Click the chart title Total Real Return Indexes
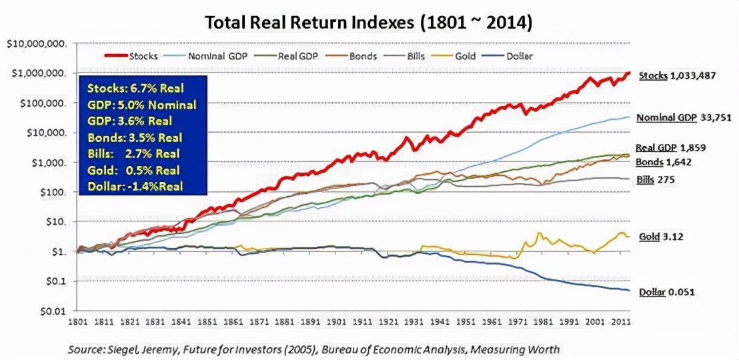coord(368,22)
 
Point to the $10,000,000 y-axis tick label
coord(37,44)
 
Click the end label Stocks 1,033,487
coord(678,76)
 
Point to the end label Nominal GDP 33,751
coord(684,118)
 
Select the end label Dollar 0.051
coord(668,293)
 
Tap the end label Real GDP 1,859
coord(671,148)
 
